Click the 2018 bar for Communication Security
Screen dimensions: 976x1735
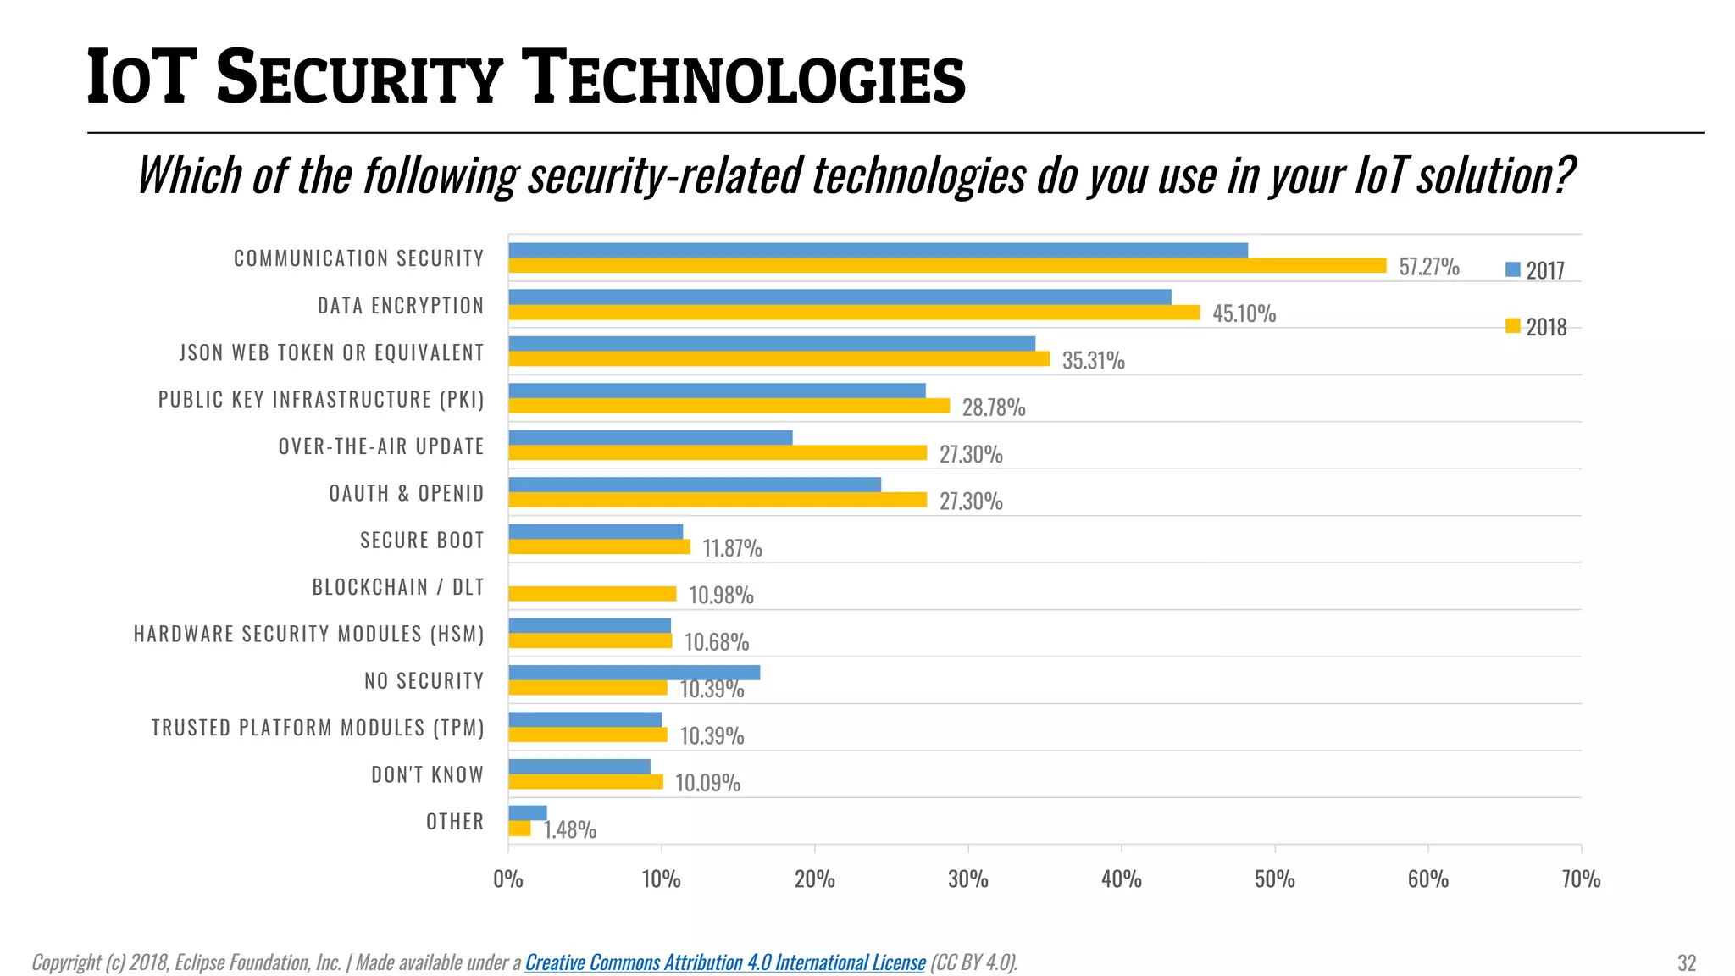click(x=947, y=266)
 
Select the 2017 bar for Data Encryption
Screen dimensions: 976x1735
click(x=840, y=297)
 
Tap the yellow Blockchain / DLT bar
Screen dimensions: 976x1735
click(x=592, y=594)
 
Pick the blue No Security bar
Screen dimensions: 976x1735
click(x=634, y=673)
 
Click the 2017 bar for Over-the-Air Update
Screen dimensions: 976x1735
click(x=650, y=438)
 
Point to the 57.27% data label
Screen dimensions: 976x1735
click(x=1428, y=267)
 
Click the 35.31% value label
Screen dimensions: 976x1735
click(x=1093, y=361)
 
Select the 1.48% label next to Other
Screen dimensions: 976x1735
click(x=569, y=829)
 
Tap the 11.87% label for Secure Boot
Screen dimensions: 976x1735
click(x=732, y=548)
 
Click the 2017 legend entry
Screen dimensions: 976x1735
click(x=1535, y=270)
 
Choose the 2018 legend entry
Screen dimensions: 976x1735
click(x=1535, y=327)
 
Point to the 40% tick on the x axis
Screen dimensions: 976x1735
click(x=1121, y=879)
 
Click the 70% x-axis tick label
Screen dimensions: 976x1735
click(x=1580, y=879)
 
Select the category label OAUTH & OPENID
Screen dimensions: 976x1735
click(x=406, y=493)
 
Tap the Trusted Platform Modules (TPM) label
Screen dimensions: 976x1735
click(x=318, y=728)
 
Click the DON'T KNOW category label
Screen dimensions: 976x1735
click(x=427, y=774)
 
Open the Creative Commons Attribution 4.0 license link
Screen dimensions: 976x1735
click(x=725, y=962)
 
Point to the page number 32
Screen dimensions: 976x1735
click(x=1686, y=963)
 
